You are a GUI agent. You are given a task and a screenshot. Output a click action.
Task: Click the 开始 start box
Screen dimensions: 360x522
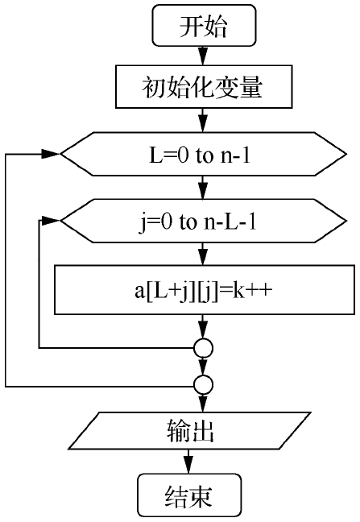click(204, 25)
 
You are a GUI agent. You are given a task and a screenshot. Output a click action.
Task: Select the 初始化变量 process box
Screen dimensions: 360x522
click(204, 86)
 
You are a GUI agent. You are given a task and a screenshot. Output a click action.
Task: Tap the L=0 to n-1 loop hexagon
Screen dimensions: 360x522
click(203, 154)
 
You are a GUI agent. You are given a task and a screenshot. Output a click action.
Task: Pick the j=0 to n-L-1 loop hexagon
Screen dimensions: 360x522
click(203, 221)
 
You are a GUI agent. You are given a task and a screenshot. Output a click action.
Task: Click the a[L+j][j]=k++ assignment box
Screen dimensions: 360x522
click(205, 290)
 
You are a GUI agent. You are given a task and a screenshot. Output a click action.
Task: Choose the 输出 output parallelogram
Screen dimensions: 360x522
click(189, 431)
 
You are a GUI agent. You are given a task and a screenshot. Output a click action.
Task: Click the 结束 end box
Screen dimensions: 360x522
click(189, 495)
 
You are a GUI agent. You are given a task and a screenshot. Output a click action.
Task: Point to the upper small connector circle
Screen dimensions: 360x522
click(203, 348)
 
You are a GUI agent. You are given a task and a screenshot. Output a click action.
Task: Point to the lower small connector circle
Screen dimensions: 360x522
click(203, 385)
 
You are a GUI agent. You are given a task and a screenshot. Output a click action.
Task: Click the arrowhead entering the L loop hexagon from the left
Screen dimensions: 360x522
click(51, 154)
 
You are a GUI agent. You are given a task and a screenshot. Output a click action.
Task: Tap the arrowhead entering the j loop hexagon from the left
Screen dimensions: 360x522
click(51, 221)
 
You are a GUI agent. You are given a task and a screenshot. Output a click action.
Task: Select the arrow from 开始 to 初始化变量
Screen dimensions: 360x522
click(203, 56)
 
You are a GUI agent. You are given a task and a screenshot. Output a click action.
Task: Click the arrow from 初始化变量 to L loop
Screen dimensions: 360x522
click(203, 120)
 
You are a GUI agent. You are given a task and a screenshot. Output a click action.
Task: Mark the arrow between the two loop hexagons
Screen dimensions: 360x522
click(203, 188)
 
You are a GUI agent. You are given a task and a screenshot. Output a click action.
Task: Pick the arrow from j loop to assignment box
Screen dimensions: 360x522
click(203, 254)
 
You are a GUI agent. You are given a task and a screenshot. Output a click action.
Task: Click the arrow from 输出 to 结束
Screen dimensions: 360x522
click(188, 462)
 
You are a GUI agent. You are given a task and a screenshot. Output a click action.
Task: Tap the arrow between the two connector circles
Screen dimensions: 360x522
click(203, 367)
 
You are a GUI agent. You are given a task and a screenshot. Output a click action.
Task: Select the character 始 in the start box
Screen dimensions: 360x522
click(216, 26)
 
